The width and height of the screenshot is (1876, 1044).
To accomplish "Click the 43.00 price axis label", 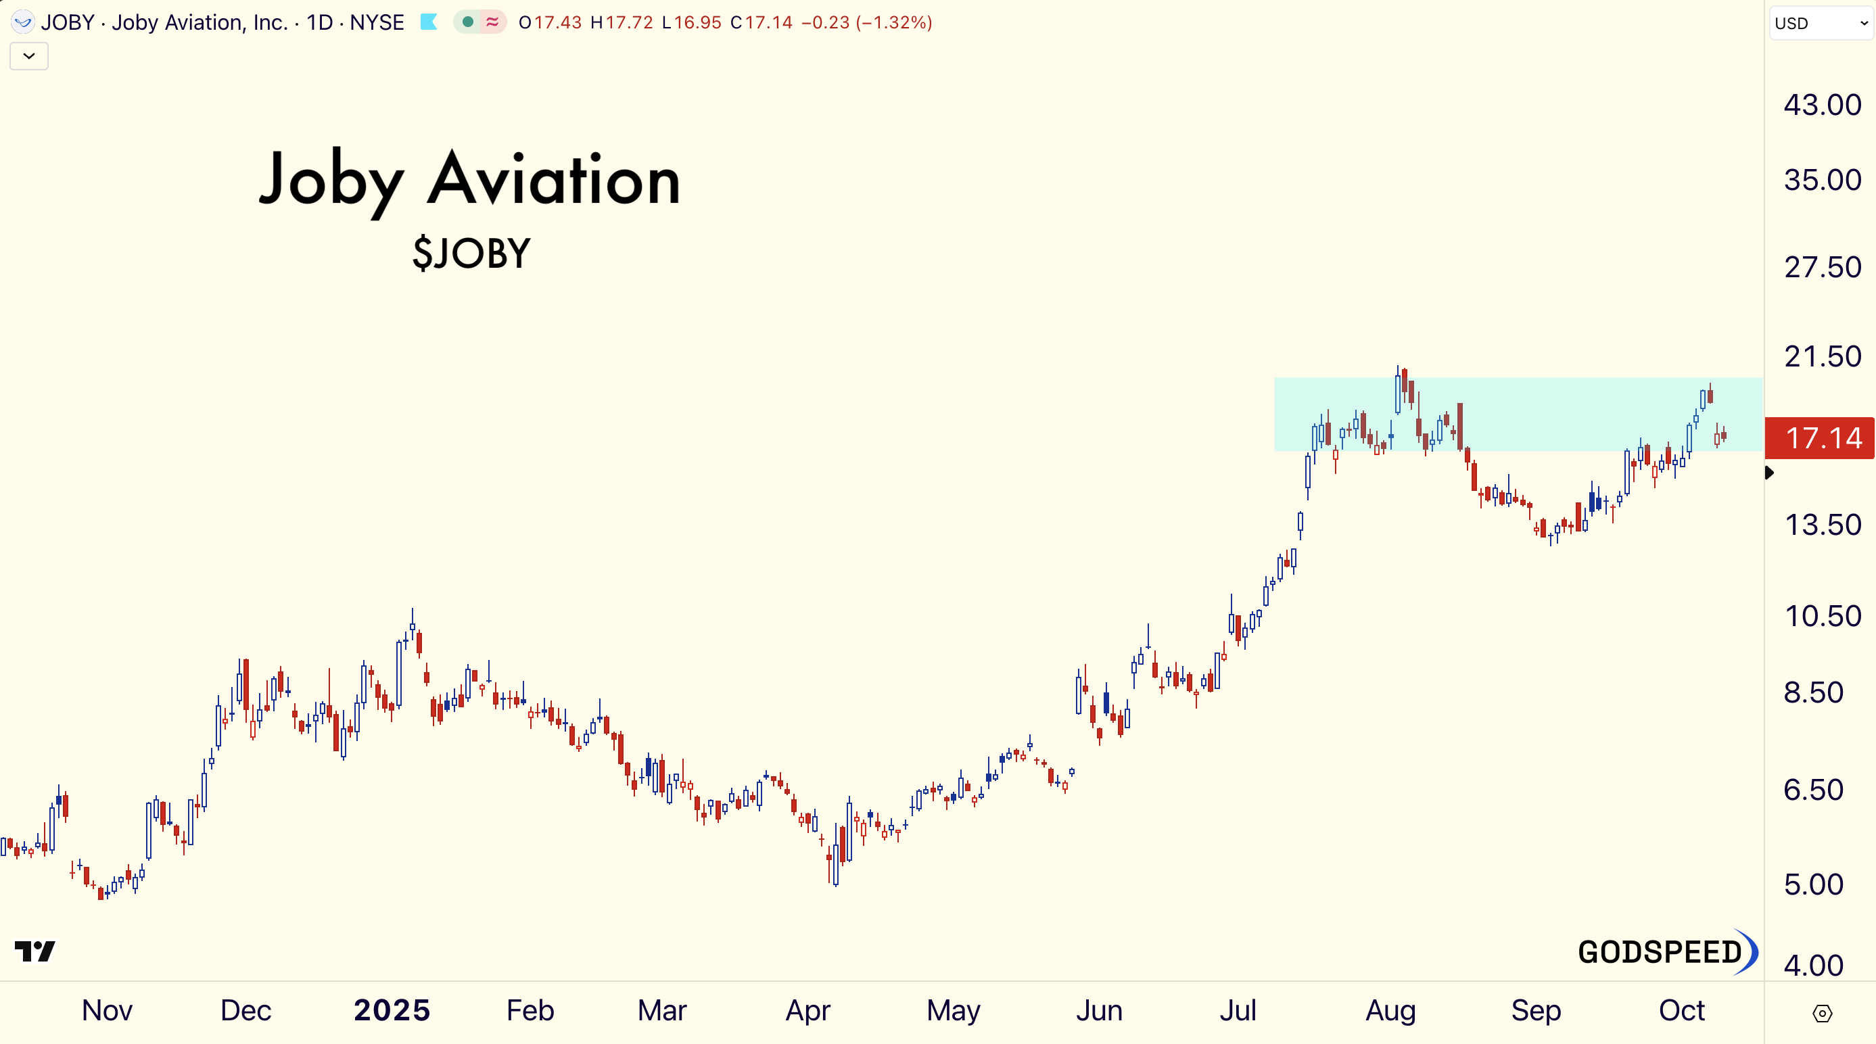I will click(1821, 105).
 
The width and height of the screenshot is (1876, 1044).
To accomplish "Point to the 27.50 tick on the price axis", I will click(1821, 268).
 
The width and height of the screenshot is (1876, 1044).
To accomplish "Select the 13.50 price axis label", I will click(1821, 525).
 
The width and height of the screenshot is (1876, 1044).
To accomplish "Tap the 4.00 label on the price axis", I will click(1813, 966).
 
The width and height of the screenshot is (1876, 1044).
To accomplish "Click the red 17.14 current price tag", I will click(1819, 438).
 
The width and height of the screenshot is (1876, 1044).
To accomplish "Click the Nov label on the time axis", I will click(107, 1010).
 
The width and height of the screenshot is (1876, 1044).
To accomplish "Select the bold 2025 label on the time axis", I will click(392, 1010).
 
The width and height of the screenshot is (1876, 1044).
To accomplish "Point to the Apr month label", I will click(807, 1010).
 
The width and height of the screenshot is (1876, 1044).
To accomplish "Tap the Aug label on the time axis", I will click(1390, 1010).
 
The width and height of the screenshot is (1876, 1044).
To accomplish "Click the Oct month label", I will click(1681, 1010).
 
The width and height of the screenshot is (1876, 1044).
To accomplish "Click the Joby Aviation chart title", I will click(470, 180).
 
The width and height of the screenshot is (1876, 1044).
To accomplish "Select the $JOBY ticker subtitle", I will click(472, 254).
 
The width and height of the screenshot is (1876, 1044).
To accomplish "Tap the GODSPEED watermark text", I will click(1660, 952).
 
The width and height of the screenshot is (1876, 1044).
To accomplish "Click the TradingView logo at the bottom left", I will click(35, 951).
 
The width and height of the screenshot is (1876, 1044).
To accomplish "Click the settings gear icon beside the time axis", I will click(1822, 1014).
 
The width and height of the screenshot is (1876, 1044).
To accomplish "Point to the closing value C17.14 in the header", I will click(761, 22).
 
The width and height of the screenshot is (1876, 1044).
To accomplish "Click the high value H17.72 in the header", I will click(622, 22).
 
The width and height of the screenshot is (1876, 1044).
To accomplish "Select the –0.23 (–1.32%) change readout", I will click(866, 22).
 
